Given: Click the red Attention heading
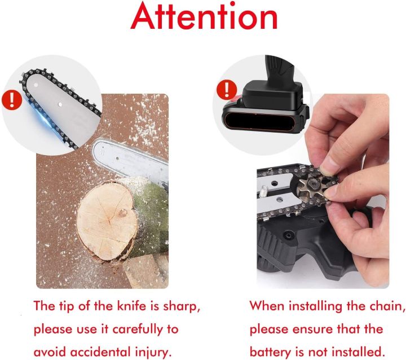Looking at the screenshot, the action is [204, 16].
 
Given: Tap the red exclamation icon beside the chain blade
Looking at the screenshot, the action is [12, 99].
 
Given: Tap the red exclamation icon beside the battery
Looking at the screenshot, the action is [227, 90].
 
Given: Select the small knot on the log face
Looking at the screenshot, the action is [122, 213].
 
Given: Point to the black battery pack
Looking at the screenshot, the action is [267, 106].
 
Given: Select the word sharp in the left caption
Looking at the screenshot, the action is [181, 307].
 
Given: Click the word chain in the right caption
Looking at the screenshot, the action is [387, 306].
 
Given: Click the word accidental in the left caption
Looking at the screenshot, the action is [100, 353].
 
